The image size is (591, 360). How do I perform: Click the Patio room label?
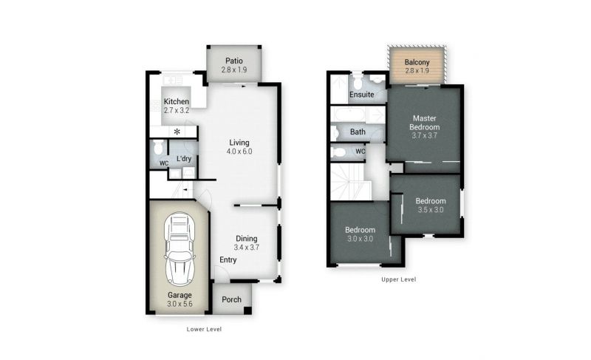tap(234, 61)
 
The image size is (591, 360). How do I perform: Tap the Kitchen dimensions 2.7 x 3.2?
tap(177, 111)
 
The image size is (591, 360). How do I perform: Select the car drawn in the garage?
tap(180, 249)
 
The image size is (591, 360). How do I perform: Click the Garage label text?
tap(180, 295)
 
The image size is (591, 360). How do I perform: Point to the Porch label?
tap(231, 299)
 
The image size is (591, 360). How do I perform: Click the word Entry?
tap(228, 259)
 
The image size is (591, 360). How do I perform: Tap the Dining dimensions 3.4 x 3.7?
tap(247, 248)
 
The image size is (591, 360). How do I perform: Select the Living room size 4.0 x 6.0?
tap(239, 152)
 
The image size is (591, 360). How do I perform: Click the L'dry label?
tap(184, 159)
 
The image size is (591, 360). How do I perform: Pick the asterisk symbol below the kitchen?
tap(177, 132)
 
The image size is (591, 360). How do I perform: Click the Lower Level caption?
tap(205, 329)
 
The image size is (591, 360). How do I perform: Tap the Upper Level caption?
tap(399, 279)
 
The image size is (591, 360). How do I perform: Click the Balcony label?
tap(417, 62)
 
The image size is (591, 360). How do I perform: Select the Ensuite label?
tap(362, 94)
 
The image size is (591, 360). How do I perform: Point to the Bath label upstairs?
tap(358, 132)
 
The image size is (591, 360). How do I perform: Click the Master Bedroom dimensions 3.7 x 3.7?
tap(424, 136)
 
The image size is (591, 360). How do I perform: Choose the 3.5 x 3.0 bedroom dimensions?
tap(431, 210)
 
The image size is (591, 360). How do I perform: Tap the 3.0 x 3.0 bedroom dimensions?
tap(361, 239)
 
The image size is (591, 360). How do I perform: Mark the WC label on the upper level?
tap(361, 152)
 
